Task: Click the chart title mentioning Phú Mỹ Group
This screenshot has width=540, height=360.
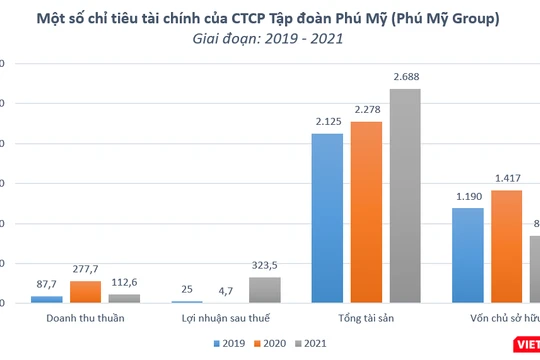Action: [x=268, y=18]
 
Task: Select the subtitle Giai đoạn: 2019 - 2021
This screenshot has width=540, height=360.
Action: [x=268, y=40]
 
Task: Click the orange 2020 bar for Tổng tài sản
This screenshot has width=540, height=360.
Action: [x=366, y=212]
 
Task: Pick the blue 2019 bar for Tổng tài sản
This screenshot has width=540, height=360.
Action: [x=327, y=218]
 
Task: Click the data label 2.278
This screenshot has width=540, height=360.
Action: [x=366, y=110]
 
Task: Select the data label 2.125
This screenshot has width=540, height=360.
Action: [x=327, y=122]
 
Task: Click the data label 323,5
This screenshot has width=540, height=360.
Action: [x=265, y=266]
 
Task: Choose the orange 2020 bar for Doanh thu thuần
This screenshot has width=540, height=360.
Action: [x=86, y=292]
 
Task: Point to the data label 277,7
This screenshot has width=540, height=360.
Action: [x=86, y=270]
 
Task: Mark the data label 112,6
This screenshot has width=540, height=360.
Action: [x=125, y=283]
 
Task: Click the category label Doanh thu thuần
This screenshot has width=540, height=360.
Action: [x=86, y=318]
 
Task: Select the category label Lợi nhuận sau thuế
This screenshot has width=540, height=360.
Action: [x=226, y=318]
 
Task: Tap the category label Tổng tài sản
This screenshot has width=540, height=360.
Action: [x=366, y=318]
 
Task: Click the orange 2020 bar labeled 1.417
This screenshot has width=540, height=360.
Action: [x=506, y=246]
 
